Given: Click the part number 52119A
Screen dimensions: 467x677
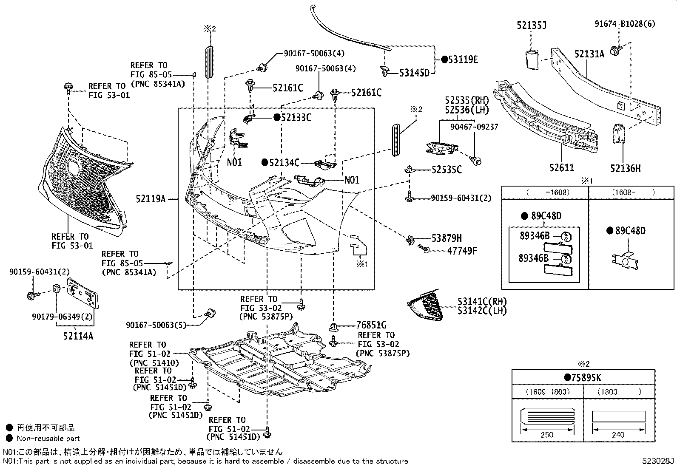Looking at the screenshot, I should tap(151, 198).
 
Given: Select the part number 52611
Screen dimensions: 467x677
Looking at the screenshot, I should tap(561, 168).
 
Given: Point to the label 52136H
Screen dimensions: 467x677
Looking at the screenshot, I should tap(625, 169).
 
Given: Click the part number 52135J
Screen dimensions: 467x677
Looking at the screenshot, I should tap(532, 25).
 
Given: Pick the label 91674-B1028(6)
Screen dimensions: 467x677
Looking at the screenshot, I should tap(625, 24).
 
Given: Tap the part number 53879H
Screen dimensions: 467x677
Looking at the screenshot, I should tap(447, 238).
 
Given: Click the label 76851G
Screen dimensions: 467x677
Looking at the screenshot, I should tap(371, 325).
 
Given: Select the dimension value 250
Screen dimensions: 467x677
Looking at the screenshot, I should tap(547, 435).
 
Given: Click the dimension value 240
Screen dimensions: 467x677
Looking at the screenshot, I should tap(618, 435).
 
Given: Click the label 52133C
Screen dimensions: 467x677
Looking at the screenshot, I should tap(296, 118).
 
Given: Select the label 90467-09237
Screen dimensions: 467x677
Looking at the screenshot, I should tap(474, 127).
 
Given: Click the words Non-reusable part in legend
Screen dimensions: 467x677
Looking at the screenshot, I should tap(48, 438).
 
